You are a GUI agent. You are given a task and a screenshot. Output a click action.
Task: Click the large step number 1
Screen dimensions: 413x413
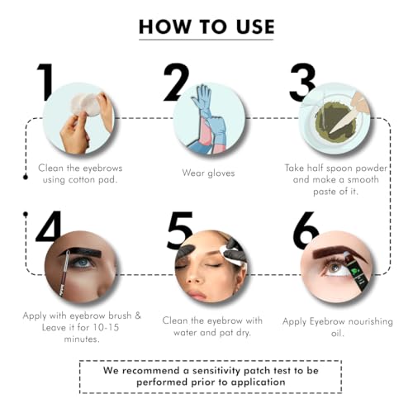pyautogui.click(x=45, y=83)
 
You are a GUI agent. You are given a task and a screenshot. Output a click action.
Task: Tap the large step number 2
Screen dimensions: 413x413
pyautogui.click(x=177, y=83)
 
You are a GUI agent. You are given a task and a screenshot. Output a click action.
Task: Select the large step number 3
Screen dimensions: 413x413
pyautogui.click(x=302, y=83)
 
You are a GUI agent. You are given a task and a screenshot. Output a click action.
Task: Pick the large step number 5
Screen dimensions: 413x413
pyautogui.click(x=180, y=230)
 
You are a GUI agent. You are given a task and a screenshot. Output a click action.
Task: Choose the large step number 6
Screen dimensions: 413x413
pyautogui.click(x=306, y=230)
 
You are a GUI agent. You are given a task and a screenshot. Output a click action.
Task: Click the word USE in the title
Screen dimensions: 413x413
pyautogui.click(x=255, y=27)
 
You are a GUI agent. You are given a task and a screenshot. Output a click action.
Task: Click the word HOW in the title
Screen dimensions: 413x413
pyautogui.click(x=165, y=27)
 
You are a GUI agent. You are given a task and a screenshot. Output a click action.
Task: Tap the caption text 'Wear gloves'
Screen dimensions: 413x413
pyautogui.click(x=208, y=173)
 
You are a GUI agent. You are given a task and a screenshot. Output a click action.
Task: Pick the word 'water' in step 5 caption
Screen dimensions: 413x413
pyautogui.click(x=186, y=333)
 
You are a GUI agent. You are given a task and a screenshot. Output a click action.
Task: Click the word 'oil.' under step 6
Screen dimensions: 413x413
pyautogui.click(x=337, y=334)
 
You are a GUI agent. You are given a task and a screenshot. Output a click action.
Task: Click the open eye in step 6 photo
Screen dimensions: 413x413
pyautogui.click(x=335, y=268)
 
